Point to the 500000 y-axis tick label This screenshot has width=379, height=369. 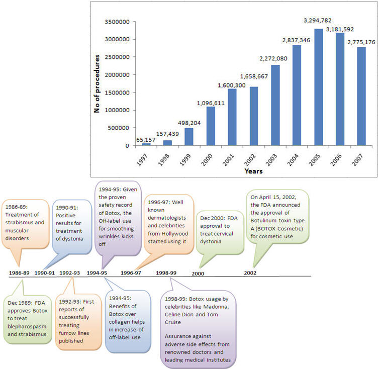click(119, 128)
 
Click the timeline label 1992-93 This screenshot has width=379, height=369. click(70, 272)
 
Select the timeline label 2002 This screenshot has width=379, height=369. click(250, 272)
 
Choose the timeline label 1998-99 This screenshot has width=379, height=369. click(166, 272)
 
